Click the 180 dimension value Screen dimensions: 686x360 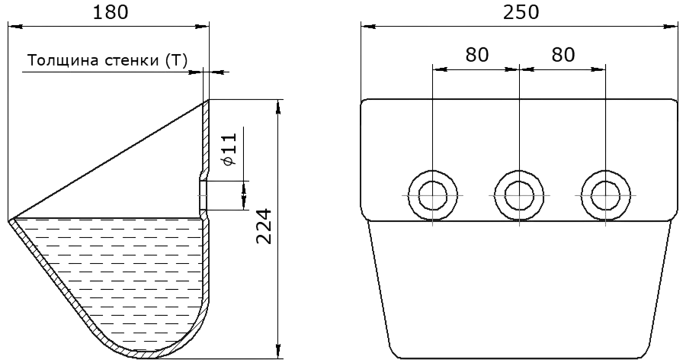coord(111,12)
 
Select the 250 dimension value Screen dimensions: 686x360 coord(521,12)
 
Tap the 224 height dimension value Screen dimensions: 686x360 coord(264,227)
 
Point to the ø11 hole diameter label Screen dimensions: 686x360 coord(229,149)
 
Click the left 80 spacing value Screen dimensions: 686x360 coord(477,55)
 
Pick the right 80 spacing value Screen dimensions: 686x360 coord(563,55)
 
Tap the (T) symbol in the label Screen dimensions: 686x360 coord(177,60)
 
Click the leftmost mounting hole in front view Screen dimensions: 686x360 coord(433,195)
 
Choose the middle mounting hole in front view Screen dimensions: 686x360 coord(519,195)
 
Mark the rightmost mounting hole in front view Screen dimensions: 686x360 coord(606,195)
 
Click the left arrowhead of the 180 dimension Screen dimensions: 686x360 coord(15,27)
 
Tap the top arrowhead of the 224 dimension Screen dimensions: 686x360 coord(278,107)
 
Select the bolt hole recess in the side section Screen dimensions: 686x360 coord(203,195)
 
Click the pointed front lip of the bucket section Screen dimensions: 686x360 coord(9,220)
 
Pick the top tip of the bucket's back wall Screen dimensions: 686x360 coord(208,100)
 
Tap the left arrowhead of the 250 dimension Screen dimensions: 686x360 coord(368,27)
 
